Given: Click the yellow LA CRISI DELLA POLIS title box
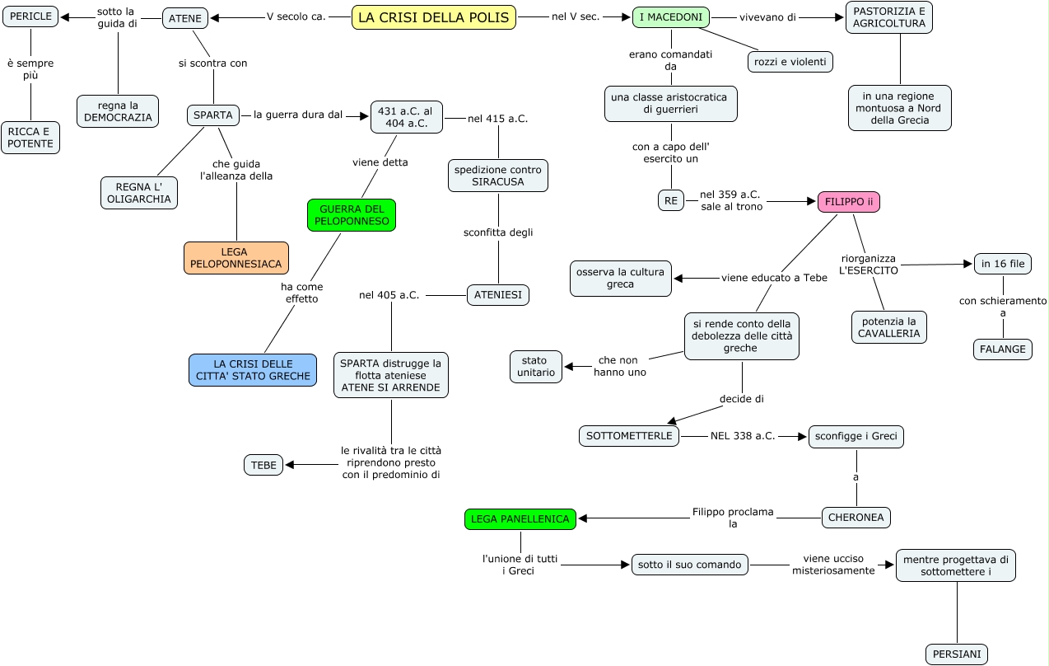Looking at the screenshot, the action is click(434, 17).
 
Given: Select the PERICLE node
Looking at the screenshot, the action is click(30, 16).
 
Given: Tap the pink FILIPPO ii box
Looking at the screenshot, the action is click(849, 202).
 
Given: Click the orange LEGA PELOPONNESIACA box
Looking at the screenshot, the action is click(236, 258).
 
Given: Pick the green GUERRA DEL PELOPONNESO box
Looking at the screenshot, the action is click(352, 215).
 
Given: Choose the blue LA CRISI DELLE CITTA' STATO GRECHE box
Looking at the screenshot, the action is click(253, 370).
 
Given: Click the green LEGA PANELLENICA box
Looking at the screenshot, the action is click(520, 519).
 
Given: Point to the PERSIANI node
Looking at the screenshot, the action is click(957, 654).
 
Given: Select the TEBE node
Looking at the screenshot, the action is click(263, 465).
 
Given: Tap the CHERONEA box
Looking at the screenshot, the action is click(856, 518).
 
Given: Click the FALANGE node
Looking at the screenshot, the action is click(1003, 349).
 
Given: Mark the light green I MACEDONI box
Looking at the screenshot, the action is click(671, 17).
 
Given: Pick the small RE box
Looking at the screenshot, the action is click(670, 200).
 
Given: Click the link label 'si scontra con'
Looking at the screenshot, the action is click(213, 63).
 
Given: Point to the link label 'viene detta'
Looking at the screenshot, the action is click(380, 162).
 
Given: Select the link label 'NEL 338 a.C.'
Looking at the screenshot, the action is click(743, 436).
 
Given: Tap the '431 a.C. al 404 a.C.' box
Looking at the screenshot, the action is click(407, 117).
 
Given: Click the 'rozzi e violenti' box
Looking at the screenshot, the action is click(790, 62).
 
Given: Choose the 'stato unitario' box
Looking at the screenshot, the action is click(536, 367).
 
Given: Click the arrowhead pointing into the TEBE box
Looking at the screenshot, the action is click(289, 465).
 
